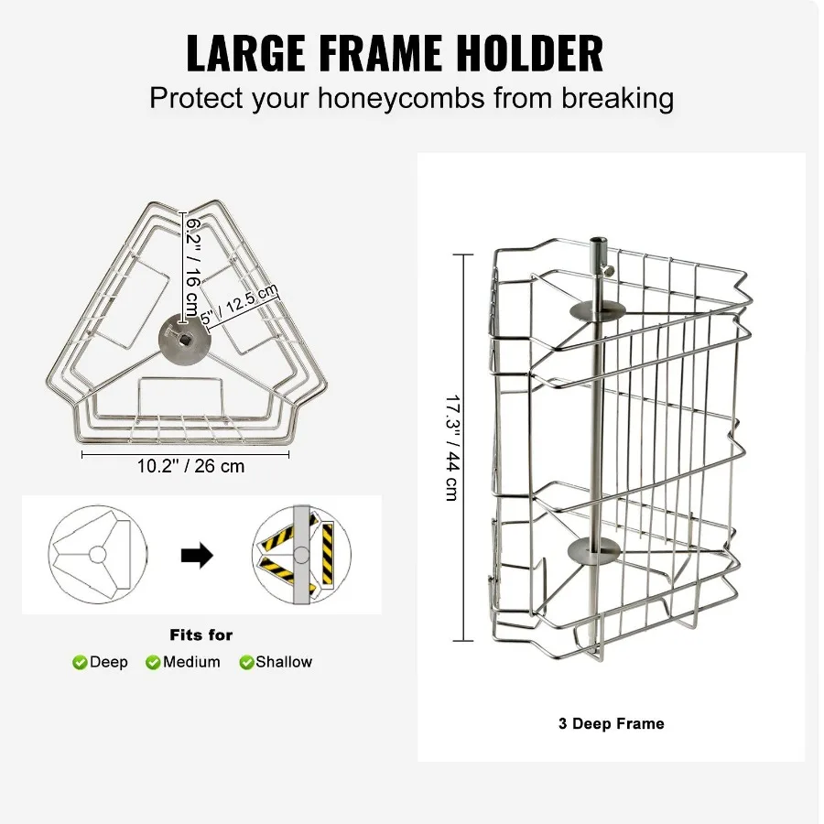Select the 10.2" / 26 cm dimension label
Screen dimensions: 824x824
191,466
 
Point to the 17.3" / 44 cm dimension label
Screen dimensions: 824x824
451,447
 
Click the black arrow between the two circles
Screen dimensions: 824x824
196,554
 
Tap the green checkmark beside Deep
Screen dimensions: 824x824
80,663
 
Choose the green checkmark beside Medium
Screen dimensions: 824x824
153,663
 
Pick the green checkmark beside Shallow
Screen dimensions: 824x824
246,663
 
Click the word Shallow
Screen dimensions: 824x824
284,662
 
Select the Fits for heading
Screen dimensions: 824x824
201,634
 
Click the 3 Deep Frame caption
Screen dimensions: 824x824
611,723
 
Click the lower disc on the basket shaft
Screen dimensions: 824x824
594,549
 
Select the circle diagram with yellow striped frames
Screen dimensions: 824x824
301,554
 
